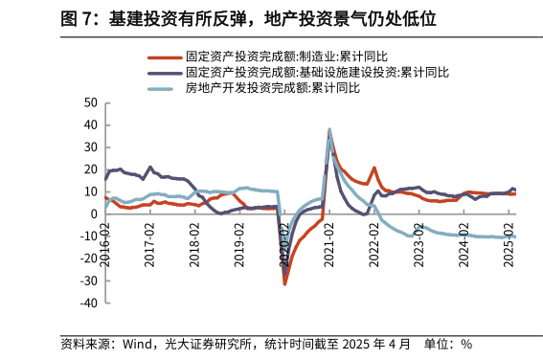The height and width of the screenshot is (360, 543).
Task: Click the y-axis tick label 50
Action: (90, 103)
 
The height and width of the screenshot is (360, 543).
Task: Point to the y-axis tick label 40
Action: (90, 125)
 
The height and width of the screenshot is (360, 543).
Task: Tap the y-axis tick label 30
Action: (90, 147)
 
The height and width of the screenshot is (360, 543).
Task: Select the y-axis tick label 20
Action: (90, 169)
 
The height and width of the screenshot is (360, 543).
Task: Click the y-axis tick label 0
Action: (93, 214)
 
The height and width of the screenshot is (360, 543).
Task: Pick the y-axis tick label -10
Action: (88, 236)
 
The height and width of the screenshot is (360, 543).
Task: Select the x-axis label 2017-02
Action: (150, 243)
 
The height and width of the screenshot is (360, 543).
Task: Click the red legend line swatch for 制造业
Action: (164, 58)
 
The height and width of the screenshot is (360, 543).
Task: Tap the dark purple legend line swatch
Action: (164, 73)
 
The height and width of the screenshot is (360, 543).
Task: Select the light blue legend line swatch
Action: (164, 88)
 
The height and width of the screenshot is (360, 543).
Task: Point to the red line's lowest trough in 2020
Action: (284, 283)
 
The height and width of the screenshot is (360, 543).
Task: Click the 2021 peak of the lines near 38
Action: (329, 129)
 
